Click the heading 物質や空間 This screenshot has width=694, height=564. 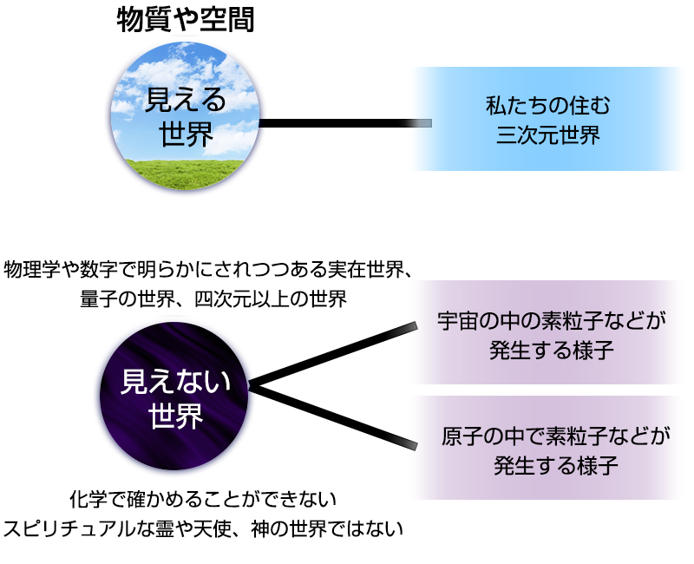(186, 20)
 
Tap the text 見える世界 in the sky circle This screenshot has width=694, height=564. (186, 117)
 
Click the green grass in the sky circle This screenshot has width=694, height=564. (185, 174)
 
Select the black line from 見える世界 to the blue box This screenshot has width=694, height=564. (345, 123)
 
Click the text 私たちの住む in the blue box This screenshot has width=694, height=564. (548, 105)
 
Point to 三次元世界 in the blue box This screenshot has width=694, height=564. (548, 134)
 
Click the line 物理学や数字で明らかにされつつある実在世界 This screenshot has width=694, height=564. (204, 270)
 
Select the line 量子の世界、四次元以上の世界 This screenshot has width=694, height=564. (213, 299)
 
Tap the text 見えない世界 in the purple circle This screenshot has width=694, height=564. (176, 398)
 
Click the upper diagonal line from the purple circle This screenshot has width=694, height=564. (333, 355)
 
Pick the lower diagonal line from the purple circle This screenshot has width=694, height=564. (333, 416)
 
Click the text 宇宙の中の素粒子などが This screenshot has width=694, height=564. (552, 321)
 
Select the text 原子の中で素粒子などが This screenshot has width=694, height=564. (556, 436)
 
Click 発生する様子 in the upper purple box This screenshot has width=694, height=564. (552, 351)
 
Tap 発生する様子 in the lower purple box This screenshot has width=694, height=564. (556, 466)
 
